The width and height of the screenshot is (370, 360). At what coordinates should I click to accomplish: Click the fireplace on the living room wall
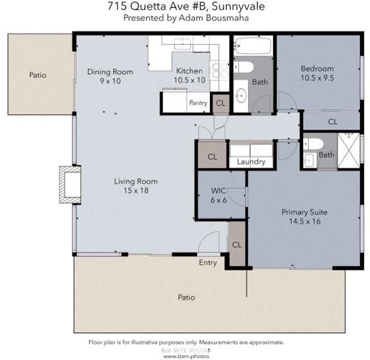(x=70, y=184)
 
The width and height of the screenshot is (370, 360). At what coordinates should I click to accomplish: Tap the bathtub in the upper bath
(x=253, y=46)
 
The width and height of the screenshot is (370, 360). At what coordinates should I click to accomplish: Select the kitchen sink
(x=182, y=44)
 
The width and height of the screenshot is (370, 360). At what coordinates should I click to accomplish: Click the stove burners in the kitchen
(x=220, y=71)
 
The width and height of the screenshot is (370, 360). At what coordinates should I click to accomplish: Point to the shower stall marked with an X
(x=349, y=150)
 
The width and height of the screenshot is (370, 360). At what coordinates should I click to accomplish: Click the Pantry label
(x=198, y=103)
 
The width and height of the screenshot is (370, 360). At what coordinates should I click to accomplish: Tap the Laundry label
(x=251, y=161)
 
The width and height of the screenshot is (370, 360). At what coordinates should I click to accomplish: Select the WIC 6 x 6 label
(x=218, y=195)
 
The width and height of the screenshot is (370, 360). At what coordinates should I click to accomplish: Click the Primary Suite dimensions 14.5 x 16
(x=304, y=221)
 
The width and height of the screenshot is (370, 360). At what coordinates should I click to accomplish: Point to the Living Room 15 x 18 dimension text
(x=136, y=190)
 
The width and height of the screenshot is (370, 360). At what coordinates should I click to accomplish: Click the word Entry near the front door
(x=207, y=263)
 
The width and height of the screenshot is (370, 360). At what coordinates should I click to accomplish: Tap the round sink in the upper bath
(x=241, y=95)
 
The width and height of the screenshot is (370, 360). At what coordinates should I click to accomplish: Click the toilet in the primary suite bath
(x=313, y=144)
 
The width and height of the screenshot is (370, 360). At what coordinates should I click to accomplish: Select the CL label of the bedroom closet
(x=333, y=122)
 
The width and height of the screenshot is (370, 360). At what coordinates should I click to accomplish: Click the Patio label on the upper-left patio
(x=38, y=75)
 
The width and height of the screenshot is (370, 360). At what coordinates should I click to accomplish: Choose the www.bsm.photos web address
(x=186, y=356)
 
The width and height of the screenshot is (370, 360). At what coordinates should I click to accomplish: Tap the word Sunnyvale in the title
(x=238, y=6)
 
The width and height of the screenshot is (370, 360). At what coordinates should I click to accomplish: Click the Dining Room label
(x=110, y=71)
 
